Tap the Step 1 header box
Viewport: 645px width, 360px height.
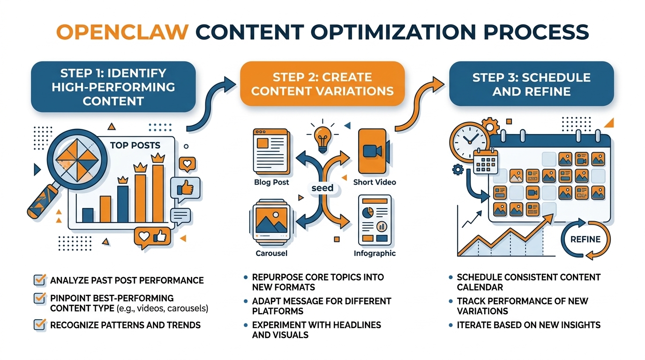tap(113, 87)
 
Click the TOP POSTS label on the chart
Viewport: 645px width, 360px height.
tap(135, 145)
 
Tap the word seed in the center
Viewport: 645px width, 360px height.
tap(322, 187)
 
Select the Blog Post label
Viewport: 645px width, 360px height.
tap(271, 182)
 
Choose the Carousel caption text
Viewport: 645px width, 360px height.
tap(271, 253)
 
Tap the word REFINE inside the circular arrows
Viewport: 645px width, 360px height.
tap(585, 239)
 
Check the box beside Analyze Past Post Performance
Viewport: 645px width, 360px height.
tap(40, 280)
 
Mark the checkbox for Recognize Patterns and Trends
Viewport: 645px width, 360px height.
tap(40, 324)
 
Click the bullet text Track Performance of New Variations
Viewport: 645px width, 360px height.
tap(522, 306)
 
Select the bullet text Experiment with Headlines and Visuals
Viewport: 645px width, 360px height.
tap(316, 330)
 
